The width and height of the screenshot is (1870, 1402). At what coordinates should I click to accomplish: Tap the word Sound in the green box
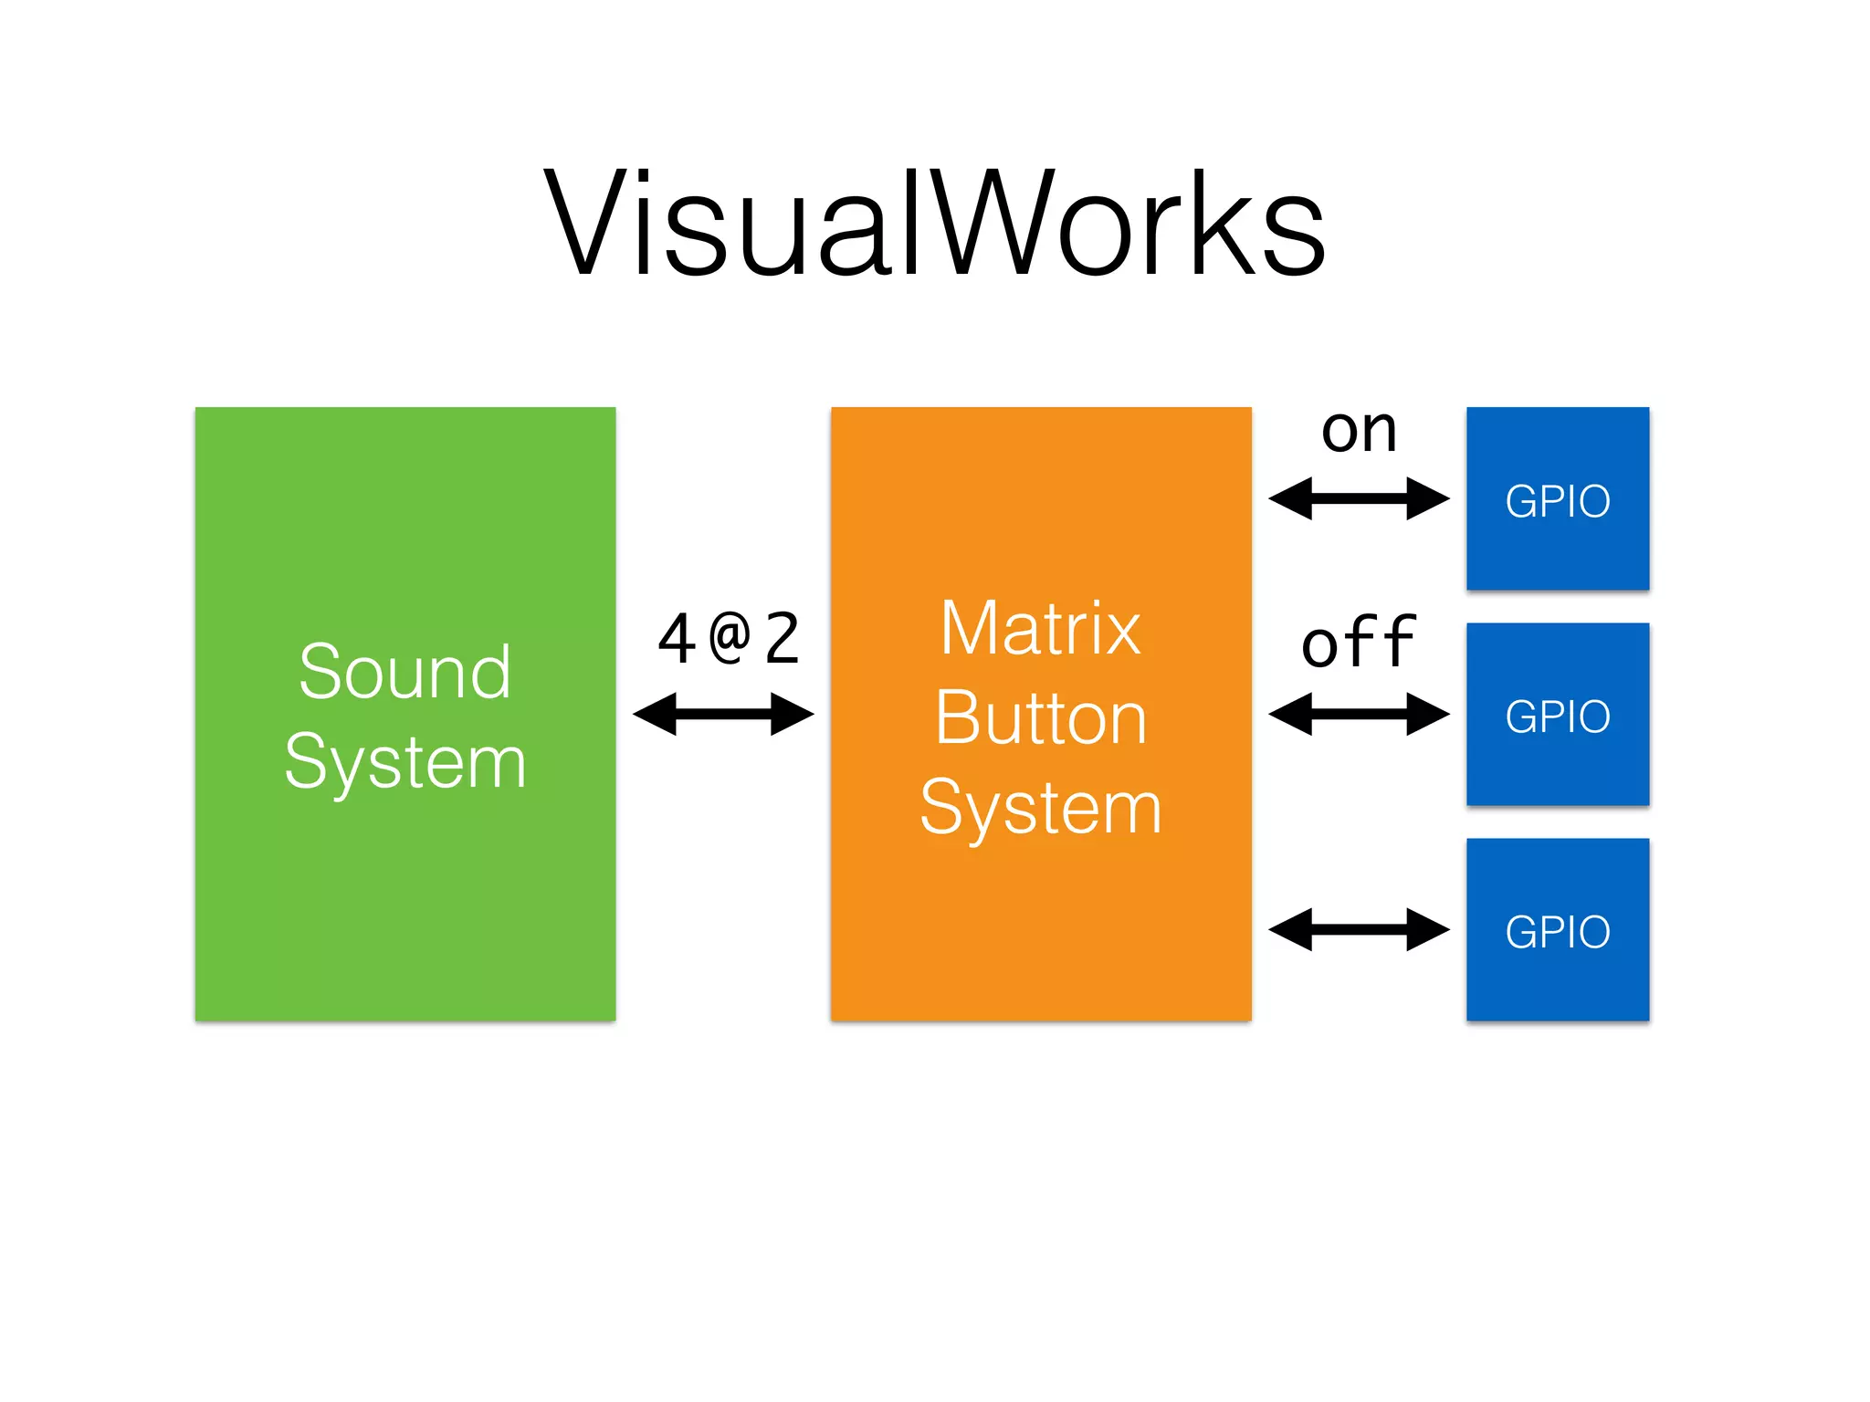(404, 673)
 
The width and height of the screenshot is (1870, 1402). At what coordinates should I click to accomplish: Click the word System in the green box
(404, 762)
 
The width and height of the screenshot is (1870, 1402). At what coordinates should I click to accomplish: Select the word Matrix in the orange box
(1040, 629)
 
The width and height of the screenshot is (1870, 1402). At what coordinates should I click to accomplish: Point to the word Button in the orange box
(1040, 718)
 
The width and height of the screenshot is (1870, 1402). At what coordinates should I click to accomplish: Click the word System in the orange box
(1040, 808)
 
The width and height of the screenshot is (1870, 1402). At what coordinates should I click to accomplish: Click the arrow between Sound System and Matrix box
(723, 714)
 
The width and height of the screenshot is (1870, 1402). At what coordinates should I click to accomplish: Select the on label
(1359, 431)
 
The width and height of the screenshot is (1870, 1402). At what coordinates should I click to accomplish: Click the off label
(1359, 643)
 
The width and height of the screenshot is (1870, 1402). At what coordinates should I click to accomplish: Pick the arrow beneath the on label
(1359, 498)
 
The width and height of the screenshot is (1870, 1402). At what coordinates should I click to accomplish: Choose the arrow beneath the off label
(1359, 714)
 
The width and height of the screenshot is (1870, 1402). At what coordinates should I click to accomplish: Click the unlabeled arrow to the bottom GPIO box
(1359, 929)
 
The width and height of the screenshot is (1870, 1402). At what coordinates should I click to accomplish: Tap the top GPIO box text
(1557, 501)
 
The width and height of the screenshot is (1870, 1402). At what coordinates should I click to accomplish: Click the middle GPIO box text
(1557, 717)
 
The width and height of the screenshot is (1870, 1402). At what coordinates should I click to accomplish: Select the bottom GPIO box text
(1557, 932)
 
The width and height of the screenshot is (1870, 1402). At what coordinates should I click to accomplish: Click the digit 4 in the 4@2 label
(677, 640)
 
